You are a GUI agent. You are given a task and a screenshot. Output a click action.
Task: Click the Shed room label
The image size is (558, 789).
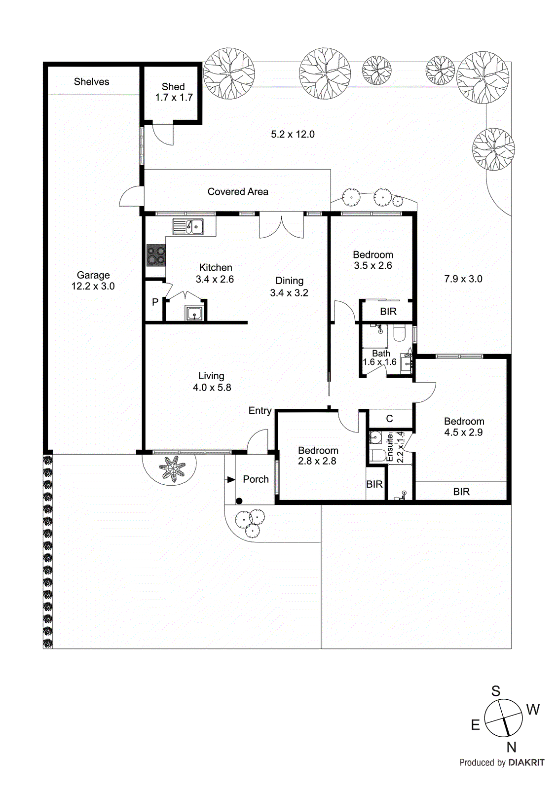pyautogui.click(x=173, y=92)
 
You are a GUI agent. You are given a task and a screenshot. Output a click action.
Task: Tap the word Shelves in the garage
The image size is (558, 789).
pyautogui.click(x=91, y=82)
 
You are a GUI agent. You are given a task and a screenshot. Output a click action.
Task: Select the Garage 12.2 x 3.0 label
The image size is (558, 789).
pyautogui.click(x=93, y=281)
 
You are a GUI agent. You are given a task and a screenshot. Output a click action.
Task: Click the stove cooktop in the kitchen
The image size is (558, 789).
pyautogui.click(x=156, y=255)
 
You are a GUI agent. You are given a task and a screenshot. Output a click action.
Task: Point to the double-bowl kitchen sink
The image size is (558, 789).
pyautogui.click(x=188, y=227)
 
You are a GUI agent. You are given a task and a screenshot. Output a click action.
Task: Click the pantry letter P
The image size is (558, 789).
pyautogui.click(x=155, y=302)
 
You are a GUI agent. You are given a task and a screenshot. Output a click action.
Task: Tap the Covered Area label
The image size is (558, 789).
pyautogui.click(x=238, y=192)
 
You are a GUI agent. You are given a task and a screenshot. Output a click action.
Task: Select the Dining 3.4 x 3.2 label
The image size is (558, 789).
pyautogui.click(x=289, y=287)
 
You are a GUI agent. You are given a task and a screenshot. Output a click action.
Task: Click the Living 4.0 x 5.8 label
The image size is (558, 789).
pyautogui.click(x=212, y=382)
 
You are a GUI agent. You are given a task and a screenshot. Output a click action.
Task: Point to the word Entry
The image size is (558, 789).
pyautogui.click(x=260, y=411)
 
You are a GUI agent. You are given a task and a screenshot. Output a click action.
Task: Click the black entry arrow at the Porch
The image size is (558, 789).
pyautogui.click(x=231, y=479)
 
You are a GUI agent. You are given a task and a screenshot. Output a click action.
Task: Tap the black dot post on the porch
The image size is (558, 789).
pyautogui.click(x=239, y=501)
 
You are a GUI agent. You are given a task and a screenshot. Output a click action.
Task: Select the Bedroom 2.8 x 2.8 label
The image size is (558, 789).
pyautogui.click(x=318, y=456)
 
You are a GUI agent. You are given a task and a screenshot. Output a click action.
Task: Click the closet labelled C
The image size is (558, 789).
pyautogui.click(x=389, y=419)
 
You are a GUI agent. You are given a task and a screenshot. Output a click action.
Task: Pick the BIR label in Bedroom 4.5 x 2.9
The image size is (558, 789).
pyautogui.click(x=461, y=492)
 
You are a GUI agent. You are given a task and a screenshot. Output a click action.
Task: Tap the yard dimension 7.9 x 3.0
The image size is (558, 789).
pyautogui.click(x=463, y=279)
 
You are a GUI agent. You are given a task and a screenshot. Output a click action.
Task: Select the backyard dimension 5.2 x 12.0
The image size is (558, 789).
pyautogui.click(x=293, y=134)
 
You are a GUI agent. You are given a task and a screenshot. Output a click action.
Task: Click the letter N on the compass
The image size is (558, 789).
pyautogui.click(x=511, y=747)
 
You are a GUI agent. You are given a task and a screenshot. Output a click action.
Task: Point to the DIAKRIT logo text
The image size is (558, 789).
pyautogui.click(x=526, y=762)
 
